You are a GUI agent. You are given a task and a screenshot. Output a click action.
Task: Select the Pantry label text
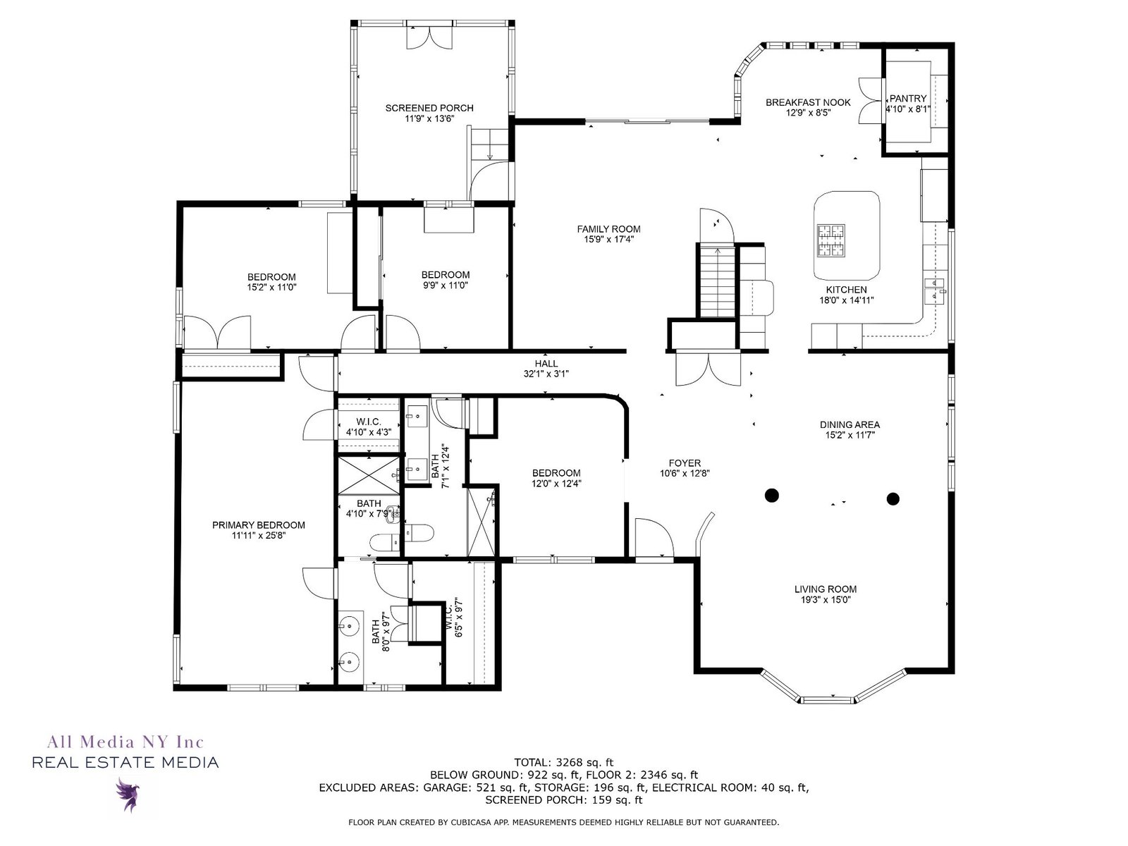point(908,98)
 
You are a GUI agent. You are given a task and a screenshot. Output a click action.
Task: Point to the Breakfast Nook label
point(808,103)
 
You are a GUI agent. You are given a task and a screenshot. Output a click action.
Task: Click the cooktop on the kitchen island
point(831,240)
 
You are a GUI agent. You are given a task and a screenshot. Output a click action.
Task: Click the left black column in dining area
point(772,495)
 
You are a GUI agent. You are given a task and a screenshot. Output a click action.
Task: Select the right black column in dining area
point(893,498)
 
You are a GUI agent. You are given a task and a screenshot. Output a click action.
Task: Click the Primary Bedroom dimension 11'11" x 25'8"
point(259,535)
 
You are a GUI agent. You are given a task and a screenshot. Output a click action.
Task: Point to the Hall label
point(546,364)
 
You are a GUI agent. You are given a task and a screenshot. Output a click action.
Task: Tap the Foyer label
point(685,462)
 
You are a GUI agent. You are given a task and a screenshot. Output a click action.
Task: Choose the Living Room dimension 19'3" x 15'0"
point(826,599)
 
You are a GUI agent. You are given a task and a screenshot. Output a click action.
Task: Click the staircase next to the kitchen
point(718,281)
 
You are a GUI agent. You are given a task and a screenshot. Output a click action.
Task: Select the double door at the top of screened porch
point(429,37)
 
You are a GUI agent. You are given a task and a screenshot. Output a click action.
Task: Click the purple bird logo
point(127,794)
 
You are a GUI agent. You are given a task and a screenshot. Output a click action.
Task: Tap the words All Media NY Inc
point(125,742)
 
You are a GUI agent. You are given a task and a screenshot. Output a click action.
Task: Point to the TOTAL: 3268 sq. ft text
point(564,762)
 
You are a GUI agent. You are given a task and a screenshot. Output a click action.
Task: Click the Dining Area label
point(850,424)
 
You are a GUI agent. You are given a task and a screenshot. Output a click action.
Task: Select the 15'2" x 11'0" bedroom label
point(271,282)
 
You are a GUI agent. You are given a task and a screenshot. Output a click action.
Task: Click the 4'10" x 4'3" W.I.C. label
point(369,427)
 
